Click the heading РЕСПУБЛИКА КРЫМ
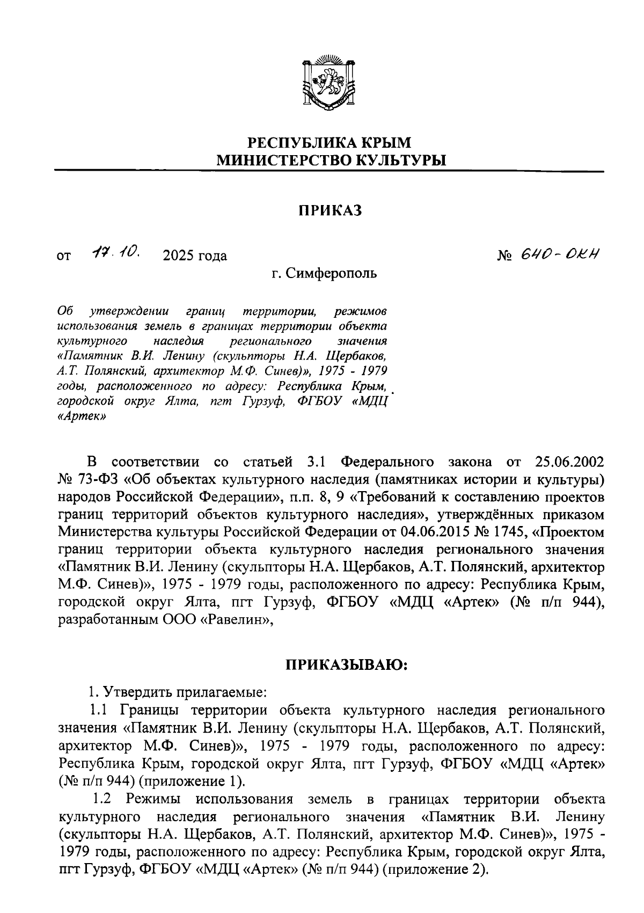tap(329, 143)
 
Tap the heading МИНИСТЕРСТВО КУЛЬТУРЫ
tap(330, 160)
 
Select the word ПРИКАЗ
tap(330, 210)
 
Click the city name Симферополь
tap(331, 273)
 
